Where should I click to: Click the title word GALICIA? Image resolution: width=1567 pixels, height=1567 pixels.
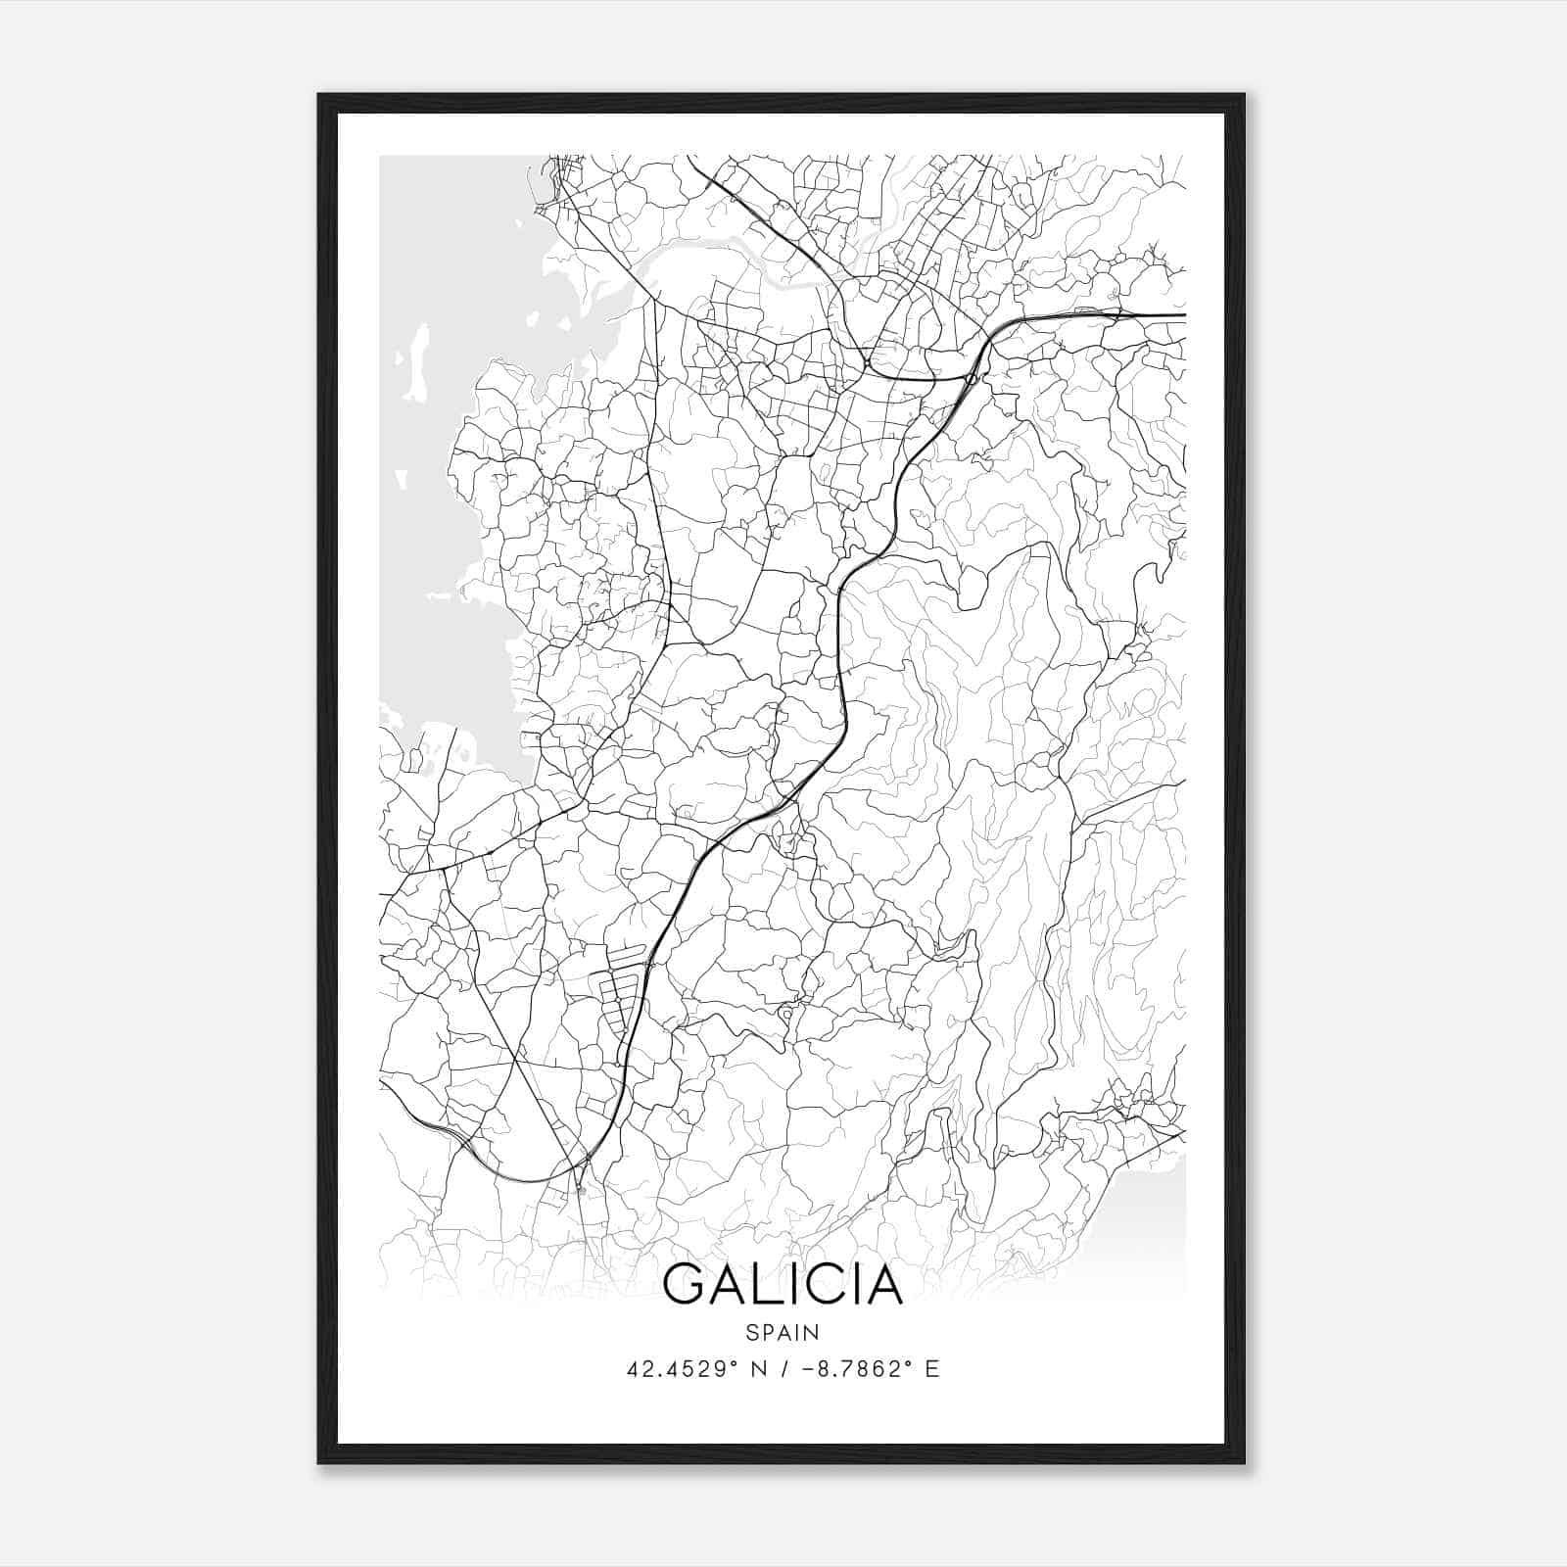pyautogui.click(x=783, y=1284)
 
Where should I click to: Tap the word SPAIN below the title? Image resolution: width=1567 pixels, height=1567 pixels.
pyautogui.click(x=783, y=1332)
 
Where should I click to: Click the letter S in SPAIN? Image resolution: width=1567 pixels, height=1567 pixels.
pyautogui.click(x=751, y=1332)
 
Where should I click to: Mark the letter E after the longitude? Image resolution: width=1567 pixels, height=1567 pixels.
pyautogui.click(x=932, y=1369)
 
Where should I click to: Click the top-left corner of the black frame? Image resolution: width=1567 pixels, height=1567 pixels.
pyautogui.click(x=319, y=95)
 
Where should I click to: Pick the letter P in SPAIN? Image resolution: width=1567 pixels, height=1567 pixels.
pyautogui.click(x=767, y=1332)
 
